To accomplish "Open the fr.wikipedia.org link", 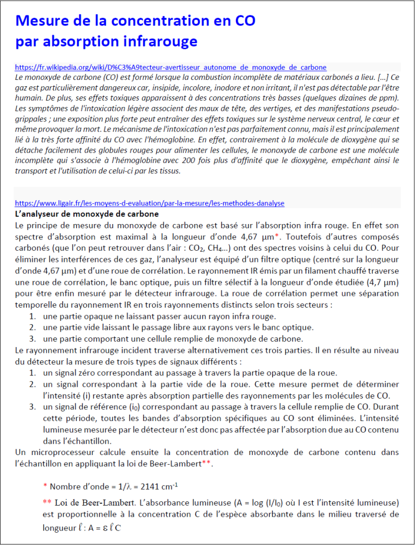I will pyautogui.click(x=170, y=68).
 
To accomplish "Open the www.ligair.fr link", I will pyautogui.click(x=149, y=203).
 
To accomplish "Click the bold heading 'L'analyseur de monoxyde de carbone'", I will pyautogui.click(x=86, y=214).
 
